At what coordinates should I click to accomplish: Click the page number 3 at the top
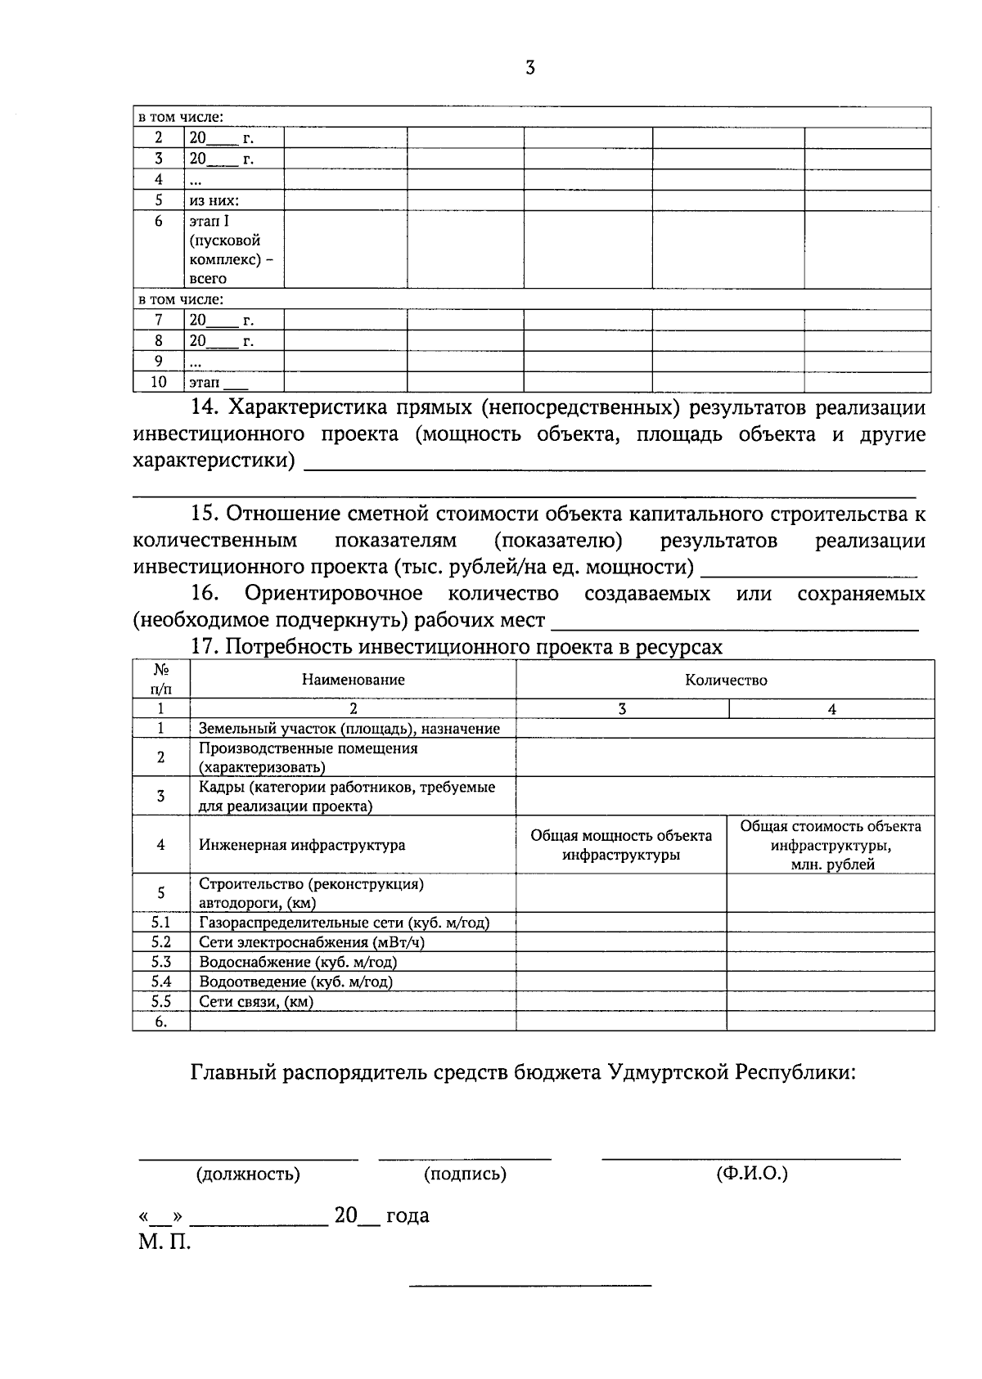click(x=529, y=69)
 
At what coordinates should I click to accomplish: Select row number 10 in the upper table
click(x=159, y=382)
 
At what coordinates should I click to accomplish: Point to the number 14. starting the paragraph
click(x=205, y=407)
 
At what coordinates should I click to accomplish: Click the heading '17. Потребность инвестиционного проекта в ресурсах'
click(x=457, y=647)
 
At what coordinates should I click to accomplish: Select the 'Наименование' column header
click(x=353, y=680)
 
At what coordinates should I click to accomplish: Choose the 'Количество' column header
click(x=726, y=680)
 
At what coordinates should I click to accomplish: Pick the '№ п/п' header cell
click(x=161, y=680)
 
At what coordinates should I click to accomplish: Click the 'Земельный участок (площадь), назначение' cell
click(x=349, y=729)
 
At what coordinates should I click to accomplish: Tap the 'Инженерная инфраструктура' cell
click(x=301, y=845)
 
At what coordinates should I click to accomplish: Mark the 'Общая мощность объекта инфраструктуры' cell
click(x=621, y=845)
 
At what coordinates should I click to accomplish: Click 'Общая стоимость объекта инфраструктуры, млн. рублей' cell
click(x=831, y=845)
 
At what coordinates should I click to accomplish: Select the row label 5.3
click(x=161, y=962)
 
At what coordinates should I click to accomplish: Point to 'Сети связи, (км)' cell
click(x=256, y=1001)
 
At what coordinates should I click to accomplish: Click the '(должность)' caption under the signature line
click(x=247, y=1175)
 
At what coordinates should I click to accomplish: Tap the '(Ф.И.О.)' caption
click(x=751, y=1174)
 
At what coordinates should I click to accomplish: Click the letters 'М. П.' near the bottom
click(x=164, y=1243)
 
